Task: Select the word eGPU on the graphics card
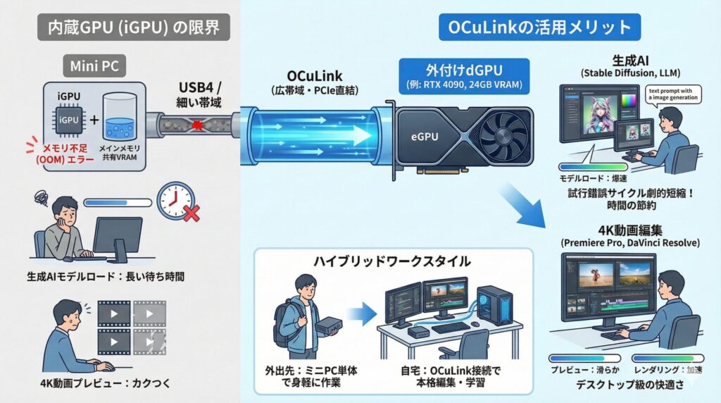422,139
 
